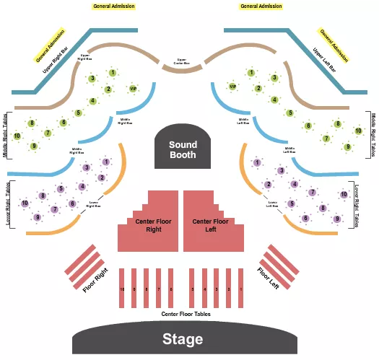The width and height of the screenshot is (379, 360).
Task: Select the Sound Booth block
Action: tap(183, 149)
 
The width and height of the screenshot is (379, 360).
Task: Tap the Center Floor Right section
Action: tap(147, 225)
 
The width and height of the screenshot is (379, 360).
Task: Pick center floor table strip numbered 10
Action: tap(122, 288)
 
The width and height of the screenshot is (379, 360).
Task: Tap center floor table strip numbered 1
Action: tap(240, 288)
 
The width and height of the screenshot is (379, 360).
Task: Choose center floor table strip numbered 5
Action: tap(192, 288)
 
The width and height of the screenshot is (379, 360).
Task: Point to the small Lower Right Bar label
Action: tap(93, 204)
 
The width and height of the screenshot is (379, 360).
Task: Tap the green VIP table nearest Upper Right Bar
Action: tap(132, 89)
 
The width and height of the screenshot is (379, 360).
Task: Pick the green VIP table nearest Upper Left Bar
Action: tap(232, 87)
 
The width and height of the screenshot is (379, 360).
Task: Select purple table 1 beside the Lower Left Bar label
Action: tap(257, 162)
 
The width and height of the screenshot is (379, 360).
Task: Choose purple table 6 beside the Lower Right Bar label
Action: tap(72, 203)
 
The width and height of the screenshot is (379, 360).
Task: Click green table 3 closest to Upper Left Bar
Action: tap(274, 78)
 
